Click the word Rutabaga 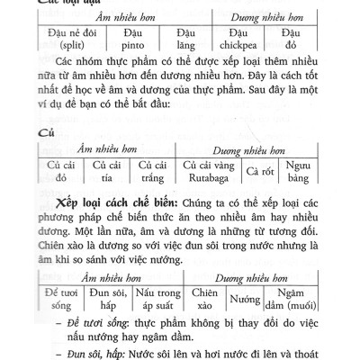pos(209,177)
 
